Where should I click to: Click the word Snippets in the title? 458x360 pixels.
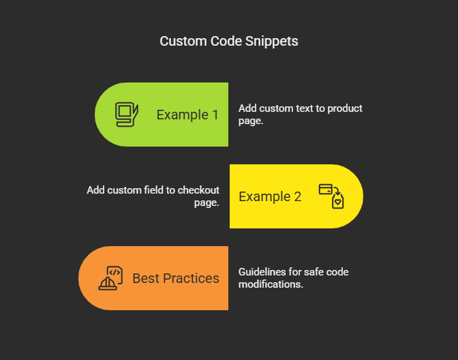point(272,42)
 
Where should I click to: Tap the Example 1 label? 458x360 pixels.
point(187,115)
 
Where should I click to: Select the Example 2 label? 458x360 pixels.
point(270,196)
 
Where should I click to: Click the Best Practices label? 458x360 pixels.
point(176,278)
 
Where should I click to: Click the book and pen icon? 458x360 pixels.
point(127,115)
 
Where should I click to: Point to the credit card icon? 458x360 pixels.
point(325,189)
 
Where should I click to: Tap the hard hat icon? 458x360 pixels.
point(108,284)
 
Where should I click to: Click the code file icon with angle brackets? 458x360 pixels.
point(114,274)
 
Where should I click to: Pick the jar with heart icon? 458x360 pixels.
point(337,201)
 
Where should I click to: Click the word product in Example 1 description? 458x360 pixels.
point(345,108)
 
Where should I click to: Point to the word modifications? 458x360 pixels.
point(271,284)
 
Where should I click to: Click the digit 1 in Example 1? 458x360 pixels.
point(215,115)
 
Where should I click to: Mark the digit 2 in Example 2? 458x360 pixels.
point(298,196)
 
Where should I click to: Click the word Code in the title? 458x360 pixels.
point(226,41)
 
